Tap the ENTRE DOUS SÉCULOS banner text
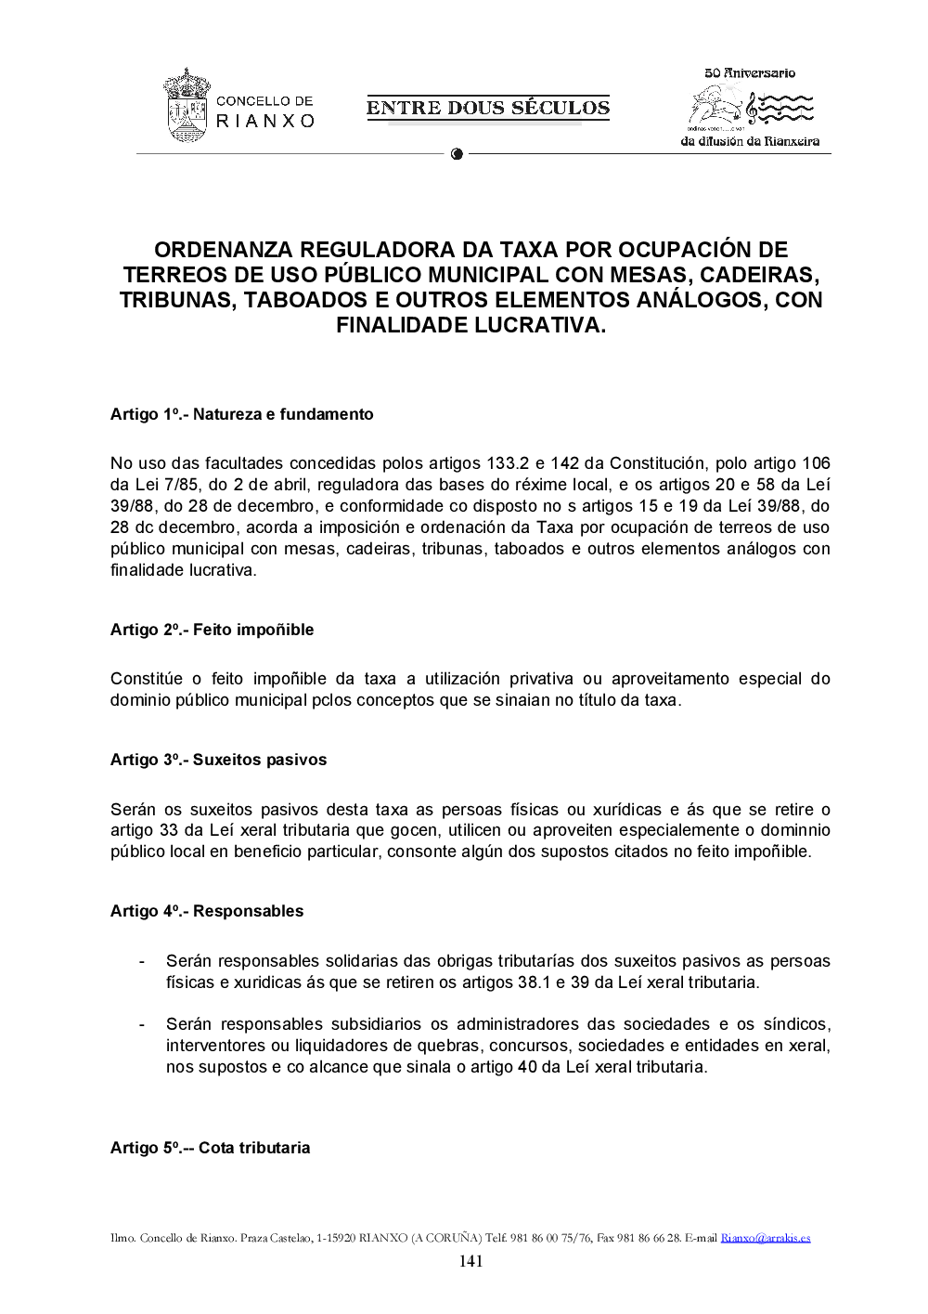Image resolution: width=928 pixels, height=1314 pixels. [x=488, y=108]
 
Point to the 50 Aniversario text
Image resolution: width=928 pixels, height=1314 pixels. [x=750, y=72]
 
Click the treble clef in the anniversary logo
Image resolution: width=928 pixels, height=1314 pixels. [x=752, y=110]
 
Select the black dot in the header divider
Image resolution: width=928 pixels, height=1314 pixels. [x=457, y=154]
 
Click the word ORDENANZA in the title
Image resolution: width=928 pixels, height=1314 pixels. [x=223, y=250]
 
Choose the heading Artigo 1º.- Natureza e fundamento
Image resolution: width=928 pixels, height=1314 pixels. [x=241, y=414]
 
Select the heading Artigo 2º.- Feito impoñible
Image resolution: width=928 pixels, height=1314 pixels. [x=212, y=630]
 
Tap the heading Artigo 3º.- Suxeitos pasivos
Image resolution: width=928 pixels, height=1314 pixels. [x=218, y=760]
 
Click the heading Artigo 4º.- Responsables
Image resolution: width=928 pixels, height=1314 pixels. [x=207, y=911]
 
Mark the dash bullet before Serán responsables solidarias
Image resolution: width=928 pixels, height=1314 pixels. [x=141, y=961]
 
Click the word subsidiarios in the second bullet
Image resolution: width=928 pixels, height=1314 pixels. [x=376, y=1024]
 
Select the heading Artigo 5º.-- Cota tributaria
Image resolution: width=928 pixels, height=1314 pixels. [x=210, y=1148]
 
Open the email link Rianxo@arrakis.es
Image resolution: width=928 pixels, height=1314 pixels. [x=766, y=1238]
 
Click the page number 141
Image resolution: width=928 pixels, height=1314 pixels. [x=470, y=1261]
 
